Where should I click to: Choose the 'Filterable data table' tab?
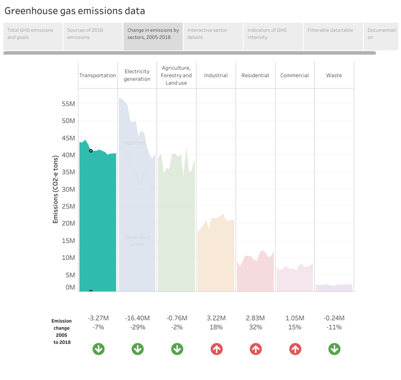pyautogui.click(x=330, y=30)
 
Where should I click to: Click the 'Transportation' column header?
pyautogui.click(x=97, y=76)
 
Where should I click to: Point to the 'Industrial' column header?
pyautogui.click(x=215, y=76)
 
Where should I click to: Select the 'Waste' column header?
pyautogui.click(x=333, y=76)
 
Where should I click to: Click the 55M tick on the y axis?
pyautogui.click(x=68, y=104)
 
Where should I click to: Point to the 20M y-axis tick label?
pyautogui.click(x=68, y=223)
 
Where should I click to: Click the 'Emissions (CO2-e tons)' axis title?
pyautogui.click(x=56, y=189)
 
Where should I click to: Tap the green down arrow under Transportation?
pyautogui.click(x=98, y=349)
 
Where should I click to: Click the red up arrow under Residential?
pyautogui.click(x=255, y=349)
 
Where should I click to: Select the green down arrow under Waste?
pyautogui.click(x=334, y=349)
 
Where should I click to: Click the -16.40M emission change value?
pyautogui.click(x=137, y=318)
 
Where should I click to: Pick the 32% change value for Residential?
pyautogui.click(x=255, y=327)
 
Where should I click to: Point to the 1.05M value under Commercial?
pyautogui.click(x=294, y=318)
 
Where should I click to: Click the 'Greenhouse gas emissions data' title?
pyautogui.click(x=74, y=11)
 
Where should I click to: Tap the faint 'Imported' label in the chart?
pyautogui.click(x=134, y=143)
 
